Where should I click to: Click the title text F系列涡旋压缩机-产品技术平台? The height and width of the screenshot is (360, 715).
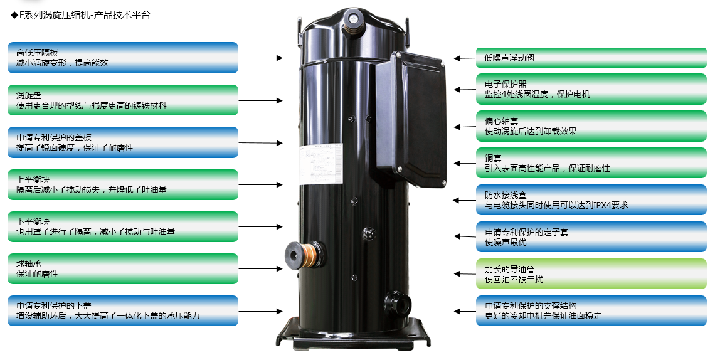pos(85,14)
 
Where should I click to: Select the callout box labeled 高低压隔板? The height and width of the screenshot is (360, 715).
pos(123,58)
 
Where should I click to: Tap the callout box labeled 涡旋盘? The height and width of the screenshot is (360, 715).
pos(123,100)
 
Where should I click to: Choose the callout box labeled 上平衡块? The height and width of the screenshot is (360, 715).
pos(123,184)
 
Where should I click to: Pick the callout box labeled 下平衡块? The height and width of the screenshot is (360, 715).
pos(123,226)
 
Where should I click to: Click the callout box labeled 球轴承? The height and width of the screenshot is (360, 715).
pos(123,269)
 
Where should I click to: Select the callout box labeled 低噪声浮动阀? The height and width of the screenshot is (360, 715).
pos(591,58)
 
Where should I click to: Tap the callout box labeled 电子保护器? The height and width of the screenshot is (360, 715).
pos(591,89)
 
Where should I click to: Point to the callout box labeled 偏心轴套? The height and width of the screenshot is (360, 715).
pos(591,126)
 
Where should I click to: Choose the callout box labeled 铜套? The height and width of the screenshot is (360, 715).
pos(591,163)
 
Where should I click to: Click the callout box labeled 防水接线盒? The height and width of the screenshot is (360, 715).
pos(591,200)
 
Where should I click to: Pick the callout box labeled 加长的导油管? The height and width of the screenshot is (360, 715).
pos(591,274)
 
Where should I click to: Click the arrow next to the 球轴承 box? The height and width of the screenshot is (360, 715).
pos(261,269)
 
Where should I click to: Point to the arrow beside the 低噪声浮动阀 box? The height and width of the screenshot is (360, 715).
pos(465,58)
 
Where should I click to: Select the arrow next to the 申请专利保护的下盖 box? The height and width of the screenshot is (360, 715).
pos(261,311)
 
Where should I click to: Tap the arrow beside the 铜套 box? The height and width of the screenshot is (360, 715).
pos(465,163)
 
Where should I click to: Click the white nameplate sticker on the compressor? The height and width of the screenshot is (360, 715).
pos(320,164)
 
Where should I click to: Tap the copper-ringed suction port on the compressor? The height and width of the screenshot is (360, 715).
pos(303,254)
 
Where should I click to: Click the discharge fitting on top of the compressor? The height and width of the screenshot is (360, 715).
pos(354,21)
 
